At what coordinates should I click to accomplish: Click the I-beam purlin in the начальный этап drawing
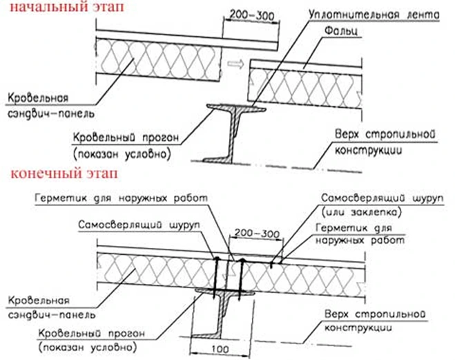coord(235,131)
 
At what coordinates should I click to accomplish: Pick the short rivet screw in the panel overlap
coord(273,262)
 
